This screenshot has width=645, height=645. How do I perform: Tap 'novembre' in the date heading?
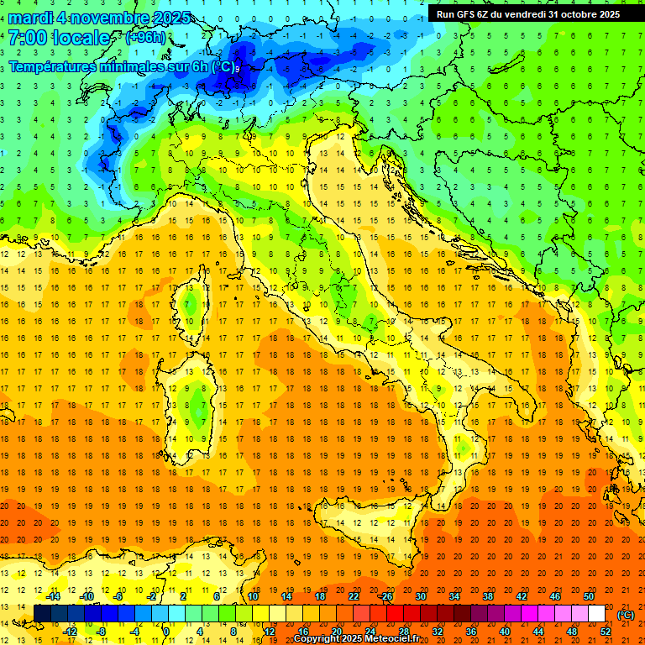click(108, 18)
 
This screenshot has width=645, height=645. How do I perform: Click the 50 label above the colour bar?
click(588, 595)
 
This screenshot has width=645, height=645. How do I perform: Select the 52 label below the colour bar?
click(606, 631)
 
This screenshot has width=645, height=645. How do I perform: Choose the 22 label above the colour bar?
click(353, 595)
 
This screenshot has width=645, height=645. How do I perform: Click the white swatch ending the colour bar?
click(596, 613)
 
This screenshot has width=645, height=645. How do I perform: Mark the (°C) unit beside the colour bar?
click(626, 614)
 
